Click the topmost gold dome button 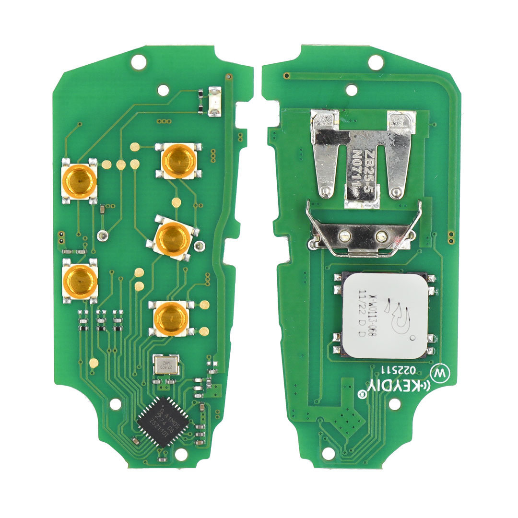click(177, 160)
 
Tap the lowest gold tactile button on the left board click(172, 318)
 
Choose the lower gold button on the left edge click(80, 281)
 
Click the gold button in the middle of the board click(175, 237)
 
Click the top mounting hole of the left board click(139, 61)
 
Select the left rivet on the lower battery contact click(343, 235)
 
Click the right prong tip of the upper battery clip click(396, 192)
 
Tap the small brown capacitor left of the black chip click(136, 440)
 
